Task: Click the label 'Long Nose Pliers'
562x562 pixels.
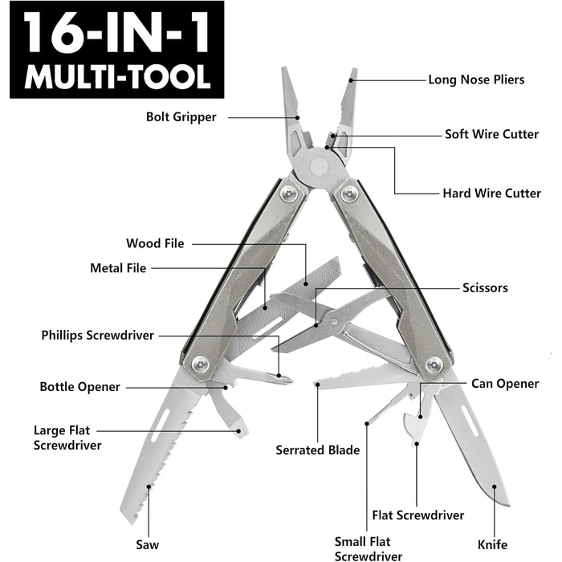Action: (x=476, y=79)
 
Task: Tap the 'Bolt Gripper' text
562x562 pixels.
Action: (x=181, y=117)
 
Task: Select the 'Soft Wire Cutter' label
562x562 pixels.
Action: (x=491, y=134)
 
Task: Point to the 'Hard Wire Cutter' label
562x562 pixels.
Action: (x=491, y=193)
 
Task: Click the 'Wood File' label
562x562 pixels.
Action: (x=155, y=243)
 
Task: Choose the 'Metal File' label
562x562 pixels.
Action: (x=118, y=268)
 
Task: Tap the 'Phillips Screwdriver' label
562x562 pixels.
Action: (x=97, y=336)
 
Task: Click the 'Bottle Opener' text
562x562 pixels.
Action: (x=79, y=387)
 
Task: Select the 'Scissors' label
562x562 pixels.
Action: (x=485, y=287)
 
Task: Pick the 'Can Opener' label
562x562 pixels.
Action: (x=505, y=384)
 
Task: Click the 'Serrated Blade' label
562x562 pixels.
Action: (x=318, y=450)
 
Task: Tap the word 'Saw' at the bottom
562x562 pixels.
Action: (x=147, y=545)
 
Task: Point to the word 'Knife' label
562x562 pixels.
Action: (x=492, y=545)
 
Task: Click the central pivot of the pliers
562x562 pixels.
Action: (x=319, y=167)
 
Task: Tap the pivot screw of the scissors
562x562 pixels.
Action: (x=334, y=321)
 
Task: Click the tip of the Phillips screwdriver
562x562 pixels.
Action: (x=290, y=381)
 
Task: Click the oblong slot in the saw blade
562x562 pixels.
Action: (x=161, y=426)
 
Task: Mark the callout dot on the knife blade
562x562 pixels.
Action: (x=494, y=487)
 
